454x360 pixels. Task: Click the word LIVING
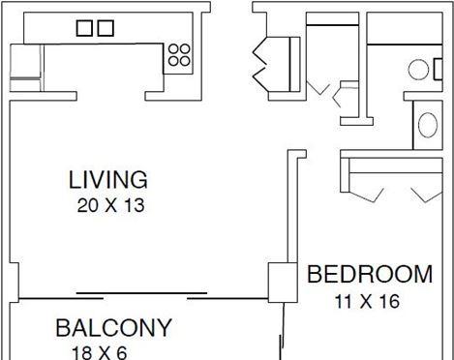click(x=108, y=180)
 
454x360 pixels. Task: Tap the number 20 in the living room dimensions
click(x=87, y=205)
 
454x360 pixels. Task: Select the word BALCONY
click(x=113, y=328)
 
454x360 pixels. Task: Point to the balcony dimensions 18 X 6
click(x=100, y=353)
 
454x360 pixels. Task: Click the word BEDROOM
click(x=370, y=274)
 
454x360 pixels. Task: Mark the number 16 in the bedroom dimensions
click(x=389, y=302)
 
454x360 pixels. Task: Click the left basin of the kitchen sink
click(x=85, y=28)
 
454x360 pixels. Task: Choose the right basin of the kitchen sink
click(x=106, y=28)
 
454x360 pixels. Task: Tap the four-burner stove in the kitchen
click(x=179, y=55)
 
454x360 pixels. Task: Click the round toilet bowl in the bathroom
click(x=418, y=70)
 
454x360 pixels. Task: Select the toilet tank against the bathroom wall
click(x=439, y=69)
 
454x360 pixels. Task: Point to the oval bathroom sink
click(x=428, y=125)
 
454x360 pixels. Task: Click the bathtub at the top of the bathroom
click(x=405, y=28)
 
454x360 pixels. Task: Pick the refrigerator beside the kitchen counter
click(x=26, y=68)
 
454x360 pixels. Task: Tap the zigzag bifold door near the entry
click(x=259, y=64)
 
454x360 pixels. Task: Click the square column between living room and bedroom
click(x=283, y=283)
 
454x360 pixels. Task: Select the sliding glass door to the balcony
click(x=142, y=295)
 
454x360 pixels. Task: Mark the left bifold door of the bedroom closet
click(x=367, y=195)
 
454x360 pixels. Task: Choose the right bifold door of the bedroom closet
click(x=427, y=195)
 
